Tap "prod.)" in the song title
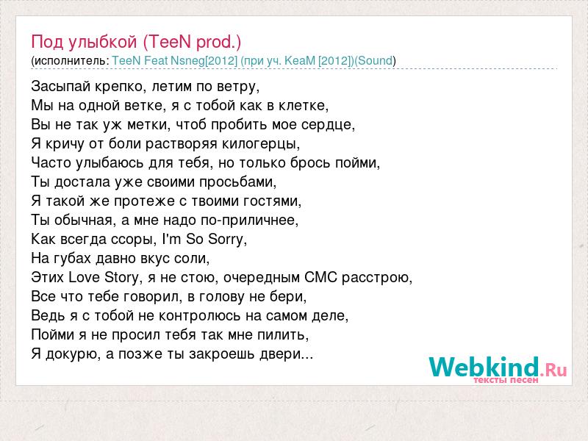tap(218, 42)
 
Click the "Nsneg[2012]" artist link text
tap(204, 61)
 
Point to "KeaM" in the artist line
tap(300, 61)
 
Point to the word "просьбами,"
tap(237, 182)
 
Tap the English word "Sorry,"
tap(228, 240)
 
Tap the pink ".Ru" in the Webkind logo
tap(553, 370)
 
